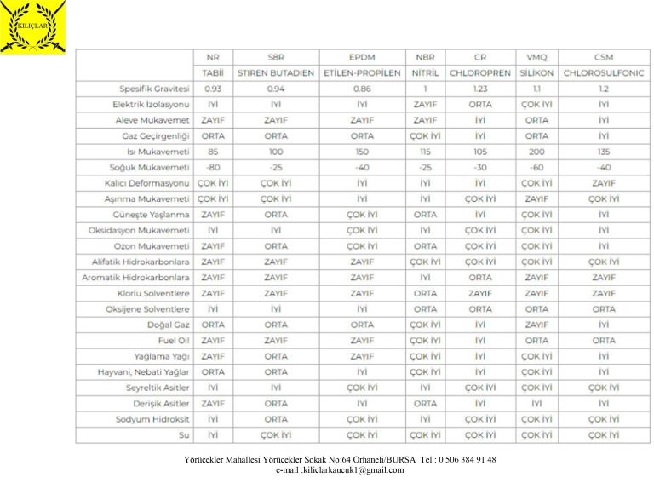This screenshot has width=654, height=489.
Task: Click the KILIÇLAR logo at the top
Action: [32, 26]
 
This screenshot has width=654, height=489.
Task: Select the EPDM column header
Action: [362, 56]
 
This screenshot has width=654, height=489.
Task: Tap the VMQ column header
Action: [536, 56]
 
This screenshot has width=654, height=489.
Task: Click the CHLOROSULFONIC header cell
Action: [604, 72]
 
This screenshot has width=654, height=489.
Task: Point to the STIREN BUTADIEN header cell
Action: [276, 72]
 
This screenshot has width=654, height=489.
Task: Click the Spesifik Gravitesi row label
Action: [154, 89]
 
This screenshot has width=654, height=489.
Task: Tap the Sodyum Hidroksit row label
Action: [152, 419]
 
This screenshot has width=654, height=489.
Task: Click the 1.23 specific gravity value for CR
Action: [480, 89]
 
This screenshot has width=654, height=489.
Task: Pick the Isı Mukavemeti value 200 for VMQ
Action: [536, 151]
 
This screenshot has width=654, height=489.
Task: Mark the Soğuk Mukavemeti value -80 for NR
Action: [213, 167]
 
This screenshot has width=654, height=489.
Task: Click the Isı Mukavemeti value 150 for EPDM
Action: [362, 151]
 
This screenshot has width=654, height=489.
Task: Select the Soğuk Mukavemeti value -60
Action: [536, 167]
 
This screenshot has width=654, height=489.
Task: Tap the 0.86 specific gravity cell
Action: [362, 89]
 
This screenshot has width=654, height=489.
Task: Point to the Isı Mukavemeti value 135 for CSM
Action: [604, 151]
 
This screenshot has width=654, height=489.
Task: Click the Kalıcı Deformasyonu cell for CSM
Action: [604, 182]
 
